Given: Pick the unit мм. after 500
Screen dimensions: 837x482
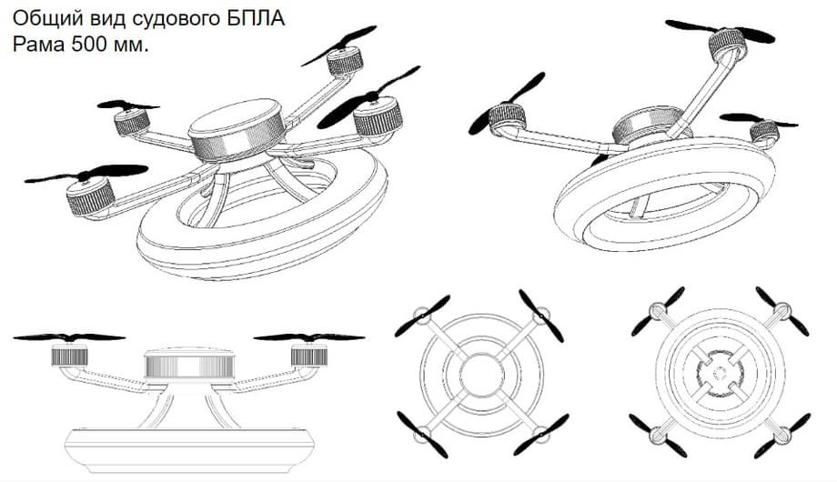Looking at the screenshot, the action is tap(130, 45).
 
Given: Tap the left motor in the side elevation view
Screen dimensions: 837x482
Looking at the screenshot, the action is tap(69, 355).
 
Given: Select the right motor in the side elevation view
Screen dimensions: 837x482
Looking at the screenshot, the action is tap(309, 355).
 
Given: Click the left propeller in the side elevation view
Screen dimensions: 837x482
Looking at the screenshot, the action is tap(69, 337).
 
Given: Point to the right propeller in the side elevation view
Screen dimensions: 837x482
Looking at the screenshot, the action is tap(309, 337).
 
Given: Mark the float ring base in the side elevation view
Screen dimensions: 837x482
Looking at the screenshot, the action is tap(189, 450).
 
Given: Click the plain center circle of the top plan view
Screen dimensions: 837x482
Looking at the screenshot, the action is tap(481, 376).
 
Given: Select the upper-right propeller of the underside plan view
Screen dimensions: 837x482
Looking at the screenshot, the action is tap(782, 311).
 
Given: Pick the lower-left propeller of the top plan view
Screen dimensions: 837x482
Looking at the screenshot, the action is tap(422, 435).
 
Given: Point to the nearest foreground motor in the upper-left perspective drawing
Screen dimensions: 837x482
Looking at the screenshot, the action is tap(90, 196).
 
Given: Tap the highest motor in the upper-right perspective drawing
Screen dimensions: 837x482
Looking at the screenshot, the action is tap(727, 44).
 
